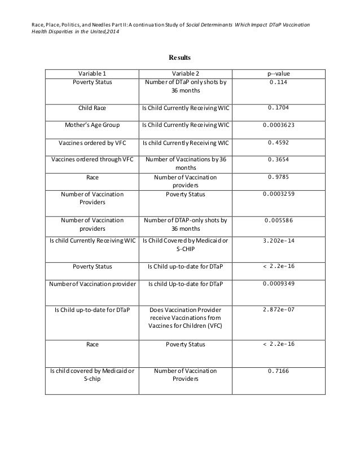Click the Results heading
point(179,58)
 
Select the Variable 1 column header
point(92,73)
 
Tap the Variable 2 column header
point(185,73)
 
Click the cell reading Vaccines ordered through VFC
point(92,160)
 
